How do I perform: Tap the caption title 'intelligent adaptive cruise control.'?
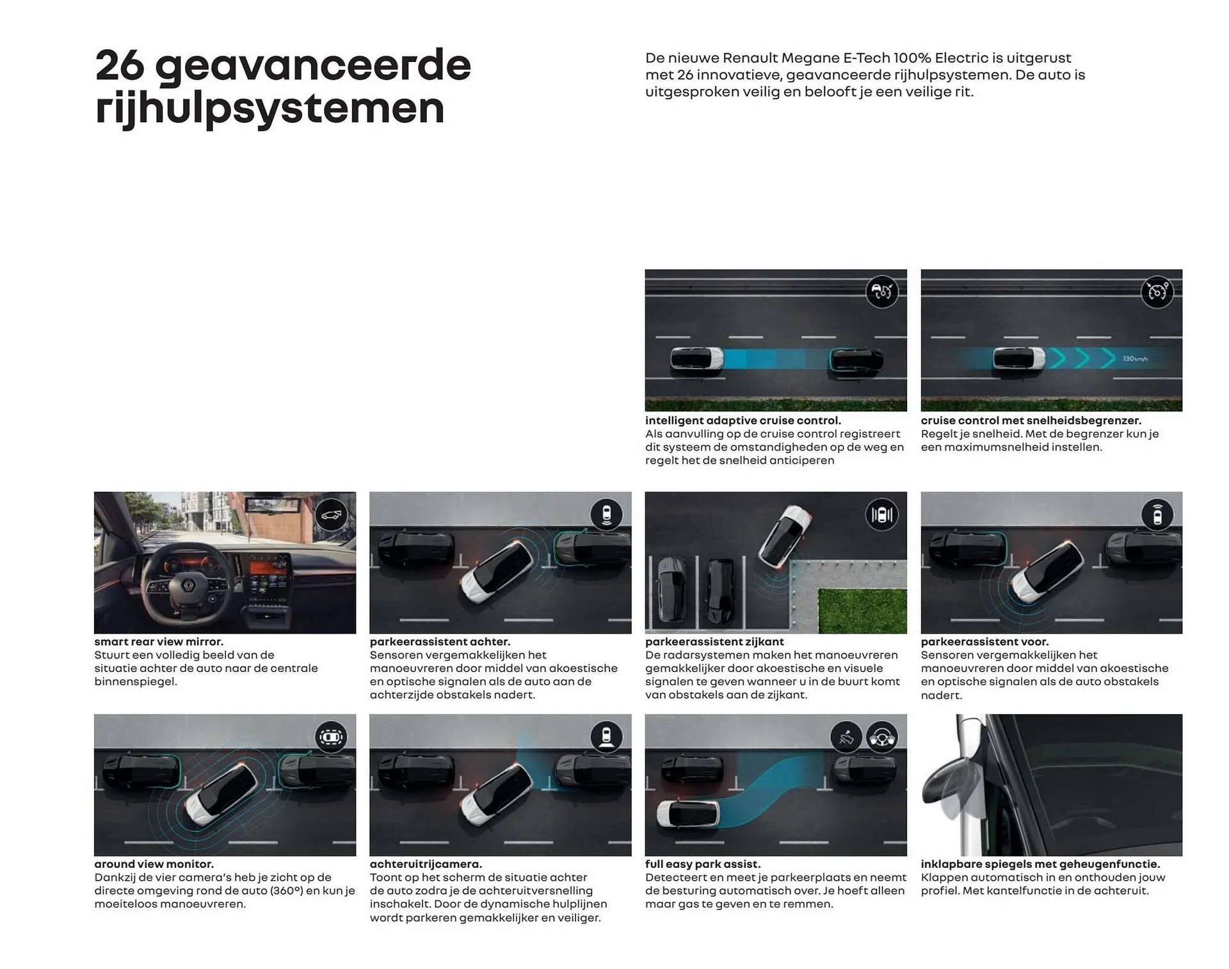pos(743,420)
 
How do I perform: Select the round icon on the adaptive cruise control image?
pos(881,292)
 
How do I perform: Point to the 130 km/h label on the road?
pos(1135,359)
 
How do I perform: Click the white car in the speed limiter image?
pos(1018,358)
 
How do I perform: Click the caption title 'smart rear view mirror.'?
pos(159,641)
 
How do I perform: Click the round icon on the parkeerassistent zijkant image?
pos(881,515)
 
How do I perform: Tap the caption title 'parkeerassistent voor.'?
pos(984,641)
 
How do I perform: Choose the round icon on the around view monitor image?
pos(331,737)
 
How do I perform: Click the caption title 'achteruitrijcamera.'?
pos(426,864)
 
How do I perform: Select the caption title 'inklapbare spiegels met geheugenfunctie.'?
pos(1040,864)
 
